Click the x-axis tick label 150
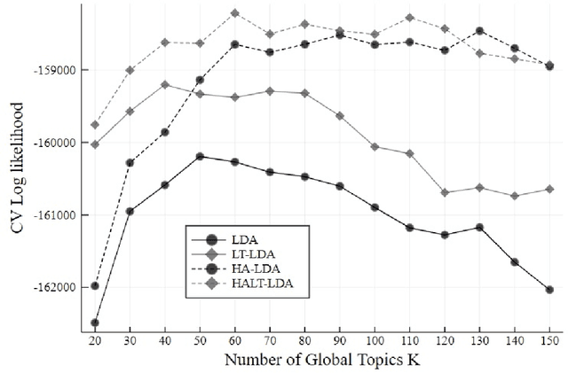pos(549,339)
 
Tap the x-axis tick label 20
pos(95,339)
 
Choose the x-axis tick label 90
pos(339,339)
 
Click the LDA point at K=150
pos(549,290)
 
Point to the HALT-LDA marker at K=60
pos(235,13)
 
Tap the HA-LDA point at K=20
pos(95,286)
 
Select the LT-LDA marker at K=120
pos(445,192)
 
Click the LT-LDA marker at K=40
pos(165,84)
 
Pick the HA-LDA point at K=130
pos(479,30)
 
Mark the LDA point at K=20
pos(95,323)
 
